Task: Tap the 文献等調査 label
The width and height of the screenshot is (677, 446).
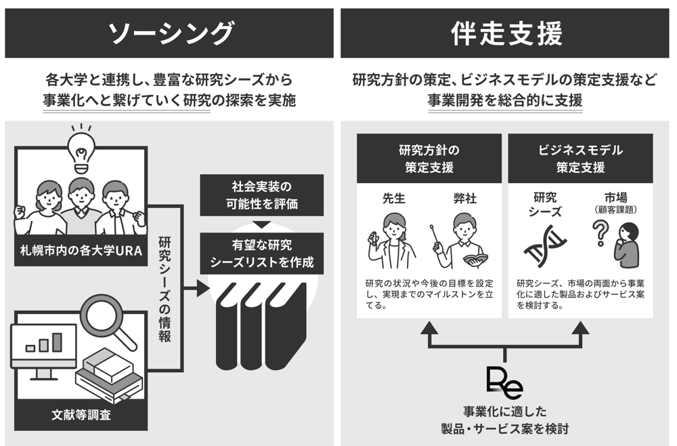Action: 81,413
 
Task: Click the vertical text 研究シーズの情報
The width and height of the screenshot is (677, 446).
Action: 165,288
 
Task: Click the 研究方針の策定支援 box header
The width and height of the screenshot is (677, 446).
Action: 429,159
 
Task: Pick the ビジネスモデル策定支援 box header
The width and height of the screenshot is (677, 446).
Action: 580,159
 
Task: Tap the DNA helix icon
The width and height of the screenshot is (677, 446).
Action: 546,244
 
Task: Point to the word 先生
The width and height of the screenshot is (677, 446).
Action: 393,199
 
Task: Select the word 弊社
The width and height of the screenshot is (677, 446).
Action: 465,199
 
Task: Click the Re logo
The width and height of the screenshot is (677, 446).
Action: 504,383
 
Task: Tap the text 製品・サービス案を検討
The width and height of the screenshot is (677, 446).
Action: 504,428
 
